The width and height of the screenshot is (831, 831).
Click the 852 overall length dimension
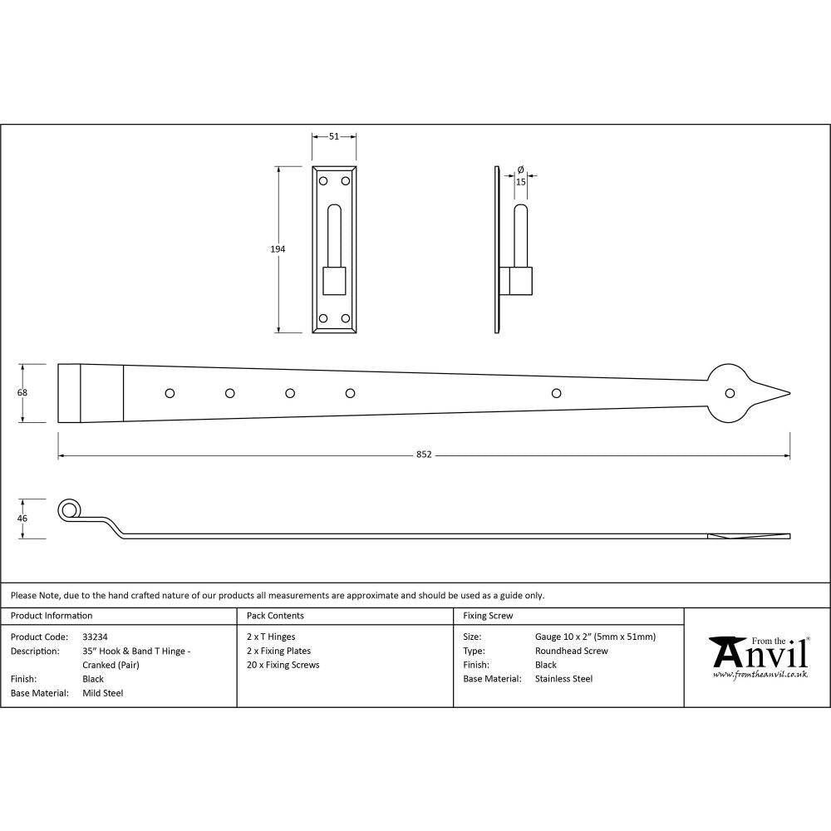click(424, 455)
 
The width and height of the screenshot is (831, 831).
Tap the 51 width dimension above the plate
click(334, 136)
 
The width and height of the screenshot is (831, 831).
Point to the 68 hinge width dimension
click(22, 392)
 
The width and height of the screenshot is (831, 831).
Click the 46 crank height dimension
click(22, 519)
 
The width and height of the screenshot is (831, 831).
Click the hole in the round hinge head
click(730, 393)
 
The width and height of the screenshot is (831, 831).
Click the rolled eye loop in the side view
click(70, 509)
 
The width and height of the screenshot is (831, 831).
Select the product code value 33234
click(96, 637)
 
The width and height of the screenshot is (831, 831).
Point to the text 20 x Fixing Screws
click(283, 665)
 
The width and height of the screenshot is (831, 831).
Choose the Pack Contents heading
click(275, 616)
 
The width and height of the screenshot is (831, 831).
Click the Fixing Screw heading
click(488, 616)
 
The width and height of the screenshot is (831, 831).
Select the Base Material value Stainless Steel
click(563, 679)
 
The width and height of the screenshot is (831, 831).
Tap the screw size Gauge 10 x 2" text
click(595, 637)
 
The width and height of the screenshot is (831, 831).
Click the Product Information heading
click(52, 616)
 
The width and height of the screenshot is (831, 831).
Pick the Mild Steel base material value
click(103, 693)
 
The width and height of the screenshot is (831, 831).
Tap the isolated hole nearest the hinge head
click(556, 393)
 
